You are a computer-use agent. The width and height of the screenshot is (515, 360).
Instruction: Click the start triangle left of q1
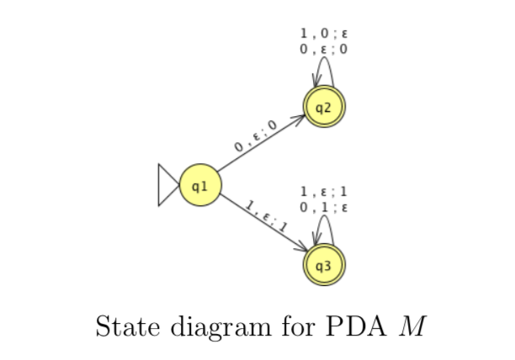point(167,184)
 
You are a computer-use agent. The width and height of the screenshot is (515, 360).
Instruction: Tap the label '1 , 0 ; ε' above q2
point(324,34)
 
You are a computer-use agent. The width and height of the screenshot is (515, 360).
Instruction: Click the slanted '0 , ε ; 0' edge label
point(256,135)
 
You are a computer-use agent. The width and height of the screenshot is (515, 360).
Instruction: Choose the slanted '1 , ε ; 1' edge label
point(267,216)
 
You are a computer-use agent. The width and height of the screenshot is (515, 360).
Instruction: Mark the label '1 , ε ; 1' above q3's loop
point(324,191)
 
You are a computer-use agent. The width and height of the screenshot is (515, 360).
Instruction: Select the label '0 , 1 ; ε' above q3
point(324,206)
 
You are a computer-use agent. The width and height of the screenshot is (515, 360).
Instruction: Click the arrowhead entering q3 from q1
point(303,248)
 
